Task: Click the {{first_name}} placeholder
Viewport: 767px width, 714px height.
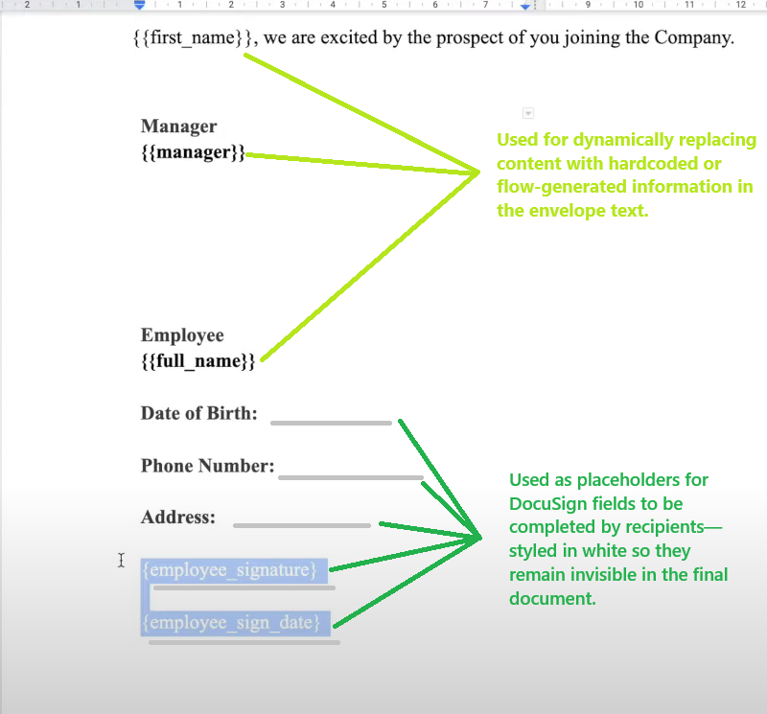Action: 193,37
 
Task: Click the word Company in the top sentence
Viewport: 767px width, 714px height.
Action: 694,37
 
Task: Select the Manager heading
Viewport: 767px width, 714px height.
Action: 179,127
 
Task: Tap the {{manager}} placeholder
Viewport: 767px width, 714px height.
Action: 194,152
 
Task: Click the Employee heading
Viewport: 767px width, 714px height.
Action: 182,335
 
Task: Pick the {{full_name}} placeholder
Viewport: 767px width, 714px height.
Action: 198,361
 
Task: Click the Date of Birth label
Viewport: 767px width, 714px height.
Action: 199,413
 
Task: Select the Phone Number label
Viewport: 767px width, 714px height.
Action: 208,466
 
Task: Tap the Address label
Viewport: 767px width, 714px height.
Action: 178,517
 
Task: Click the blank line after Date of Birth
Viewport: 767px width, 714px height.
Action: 331,423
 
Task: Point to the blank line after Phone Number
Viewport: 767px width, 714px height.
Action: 351,477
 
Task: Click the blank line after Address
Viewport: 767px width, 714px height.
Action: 302,526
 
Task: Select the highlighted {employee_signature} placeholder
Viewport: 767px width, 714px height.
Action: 230,570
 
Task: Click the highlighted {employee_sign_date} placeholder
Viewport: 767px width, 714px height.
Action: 231,623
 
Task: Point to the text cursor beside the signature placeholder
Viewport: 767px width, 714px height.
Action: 122,561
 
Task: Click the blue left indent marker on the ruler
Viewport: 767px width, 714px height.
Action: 139,6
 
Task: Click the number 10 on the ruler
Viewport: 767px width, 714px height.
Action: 639,5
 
